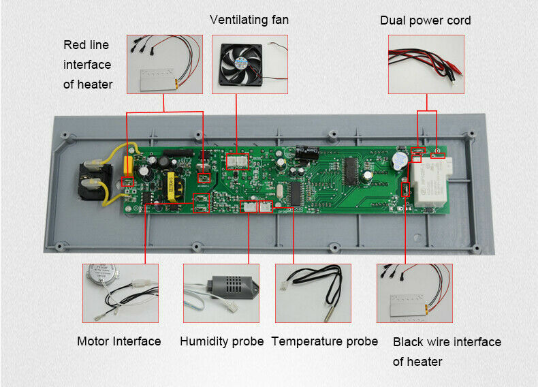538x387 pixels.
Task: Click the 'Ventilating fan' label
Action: click(x=249, y=20)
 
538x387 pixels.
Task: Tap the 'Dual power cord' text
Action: click(x=425, y=20)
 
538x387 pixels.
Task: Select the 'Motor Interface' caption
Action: click(x=118, y=341)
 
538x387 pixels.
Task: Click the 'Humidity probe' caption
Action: click(x=221, y=341)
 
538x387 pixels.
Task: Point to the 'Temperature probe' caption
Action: click(x=324, y=341)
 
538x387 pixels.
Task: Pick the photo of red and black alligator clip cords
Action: click(x=426, y=64)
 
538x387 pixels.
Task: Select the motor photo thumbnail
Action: click(x=120, y=294)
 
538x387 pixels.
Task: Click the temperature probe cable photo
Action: click(x=312, y=294)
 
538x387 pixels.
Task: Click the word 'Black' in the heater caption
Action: click(x=408, y=342)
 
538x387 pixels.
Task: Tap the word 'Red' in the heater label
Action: click(x=74, y=45)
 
